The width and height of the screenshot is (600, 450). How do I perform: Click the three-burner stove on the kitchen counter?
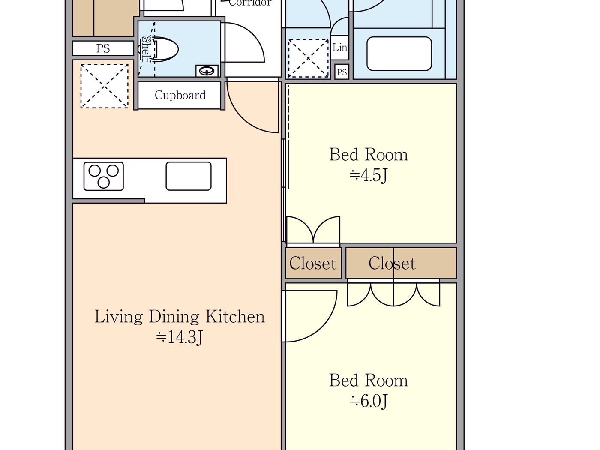pyautogui.click(x=104, y=176)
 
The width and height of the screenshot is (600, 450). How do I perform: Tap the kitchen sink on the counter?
pyautogui.click(x=189, y=176)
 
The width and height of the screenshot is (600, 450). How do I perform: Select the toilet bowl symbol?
pyautogui.click(x=165, y=50)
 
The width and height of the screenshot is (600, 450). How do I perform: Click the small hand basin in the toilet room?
pyautogui.click(x=207, y=71)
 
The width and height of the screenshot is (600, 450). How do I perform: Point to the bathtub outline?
pyautogui.click(x=399, y=54)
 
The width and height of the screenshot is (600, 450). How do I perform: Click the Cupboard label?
pyautogui.click(x=180, y=95)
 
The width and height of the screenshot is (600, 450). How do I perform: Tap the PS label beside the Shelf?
pyautogui.click(x=103, y=48)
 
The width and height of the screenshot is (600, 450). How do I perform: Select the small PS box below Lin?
pyautogui.click(x=342, y=72)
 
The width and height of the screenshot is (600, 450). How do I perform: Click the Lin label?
pyautogui.click(x=339, y=48)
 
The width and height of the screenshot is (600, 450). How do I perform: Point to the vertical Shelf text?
pyautogui.click(x=146, y=49)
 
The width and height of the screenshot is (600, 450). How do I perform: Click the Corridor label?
pyautogui.click(x=250, y=3)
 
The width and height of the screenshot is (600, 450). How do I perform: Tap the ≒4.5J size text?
pyautogui.click(x=369, y=175)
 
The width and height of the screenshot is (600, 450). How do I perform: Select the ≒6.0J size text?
pyautogui.click(x=369, y=401)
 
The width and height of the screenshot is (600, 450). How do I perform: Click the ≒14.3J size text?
pyautogui.click(x=179, y=337)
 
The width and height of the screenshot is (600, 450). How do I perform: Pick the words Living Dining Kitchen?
pyautogui.click(x=180, y=317)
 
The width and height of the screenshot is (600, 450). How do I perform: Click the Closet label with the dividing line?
pyautogui.click(x=392, y=264)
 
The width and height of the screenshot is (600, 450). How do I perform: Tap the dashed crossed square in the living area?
pyautogui.click(x=105, y=86)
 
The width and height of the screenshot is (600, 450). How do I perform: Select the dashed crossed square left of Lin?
pyautogui.click(x=308, y=58)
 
